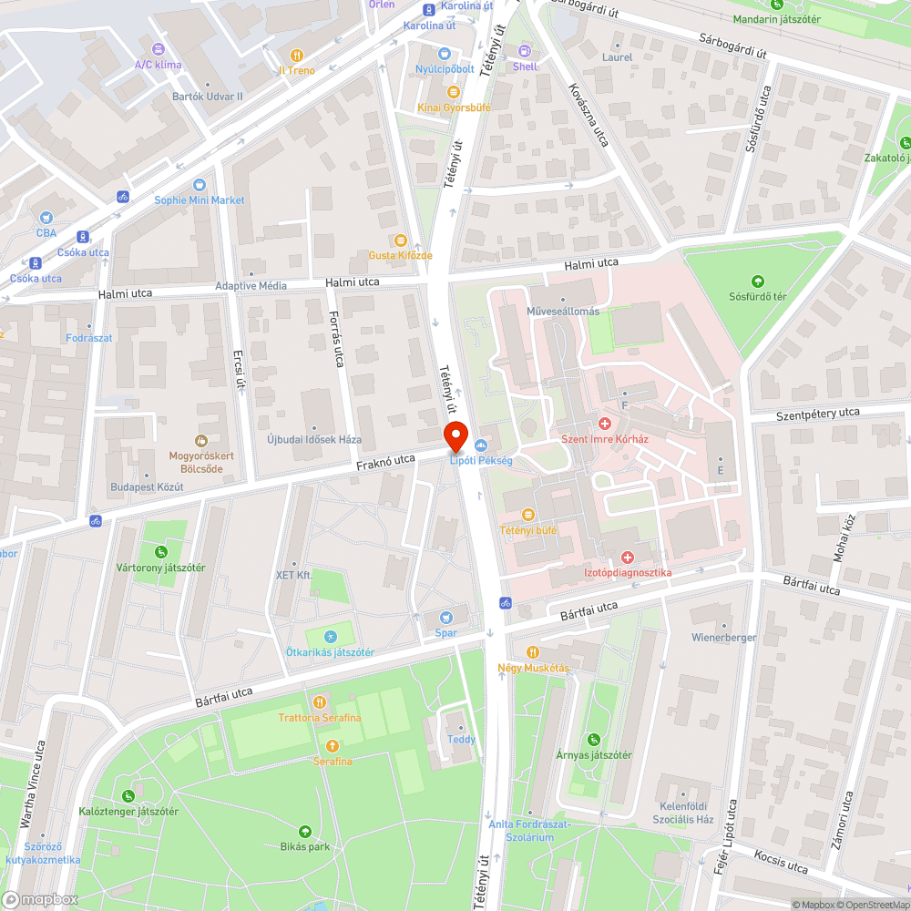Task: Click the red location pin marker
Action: (x=455, y=436)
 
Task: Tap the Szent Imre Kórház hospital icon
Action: (x=604, y=424)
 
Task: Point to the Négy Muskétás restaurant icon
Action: (x=533, y=652)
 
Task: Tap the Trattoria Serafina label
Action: (x=320, y=717)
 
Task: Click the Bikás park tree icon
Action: (x=305, y=831)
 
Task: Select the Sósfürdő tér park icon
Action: (x=757, y=281)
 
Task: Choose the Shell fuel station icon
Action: (x=525, y=52)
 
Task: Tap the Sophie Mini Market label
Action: (x=200, y=200)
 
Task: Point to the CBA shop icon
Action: (x=46, y=218)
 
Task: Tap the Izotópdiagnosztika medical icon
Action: (x=627, y=557)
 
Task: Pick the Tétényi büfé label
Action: (x=527, y=529)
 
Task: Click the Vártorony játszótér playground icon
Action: (x=161, y=552)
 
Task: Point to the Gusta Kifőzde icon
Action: (x=401, y=240)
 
